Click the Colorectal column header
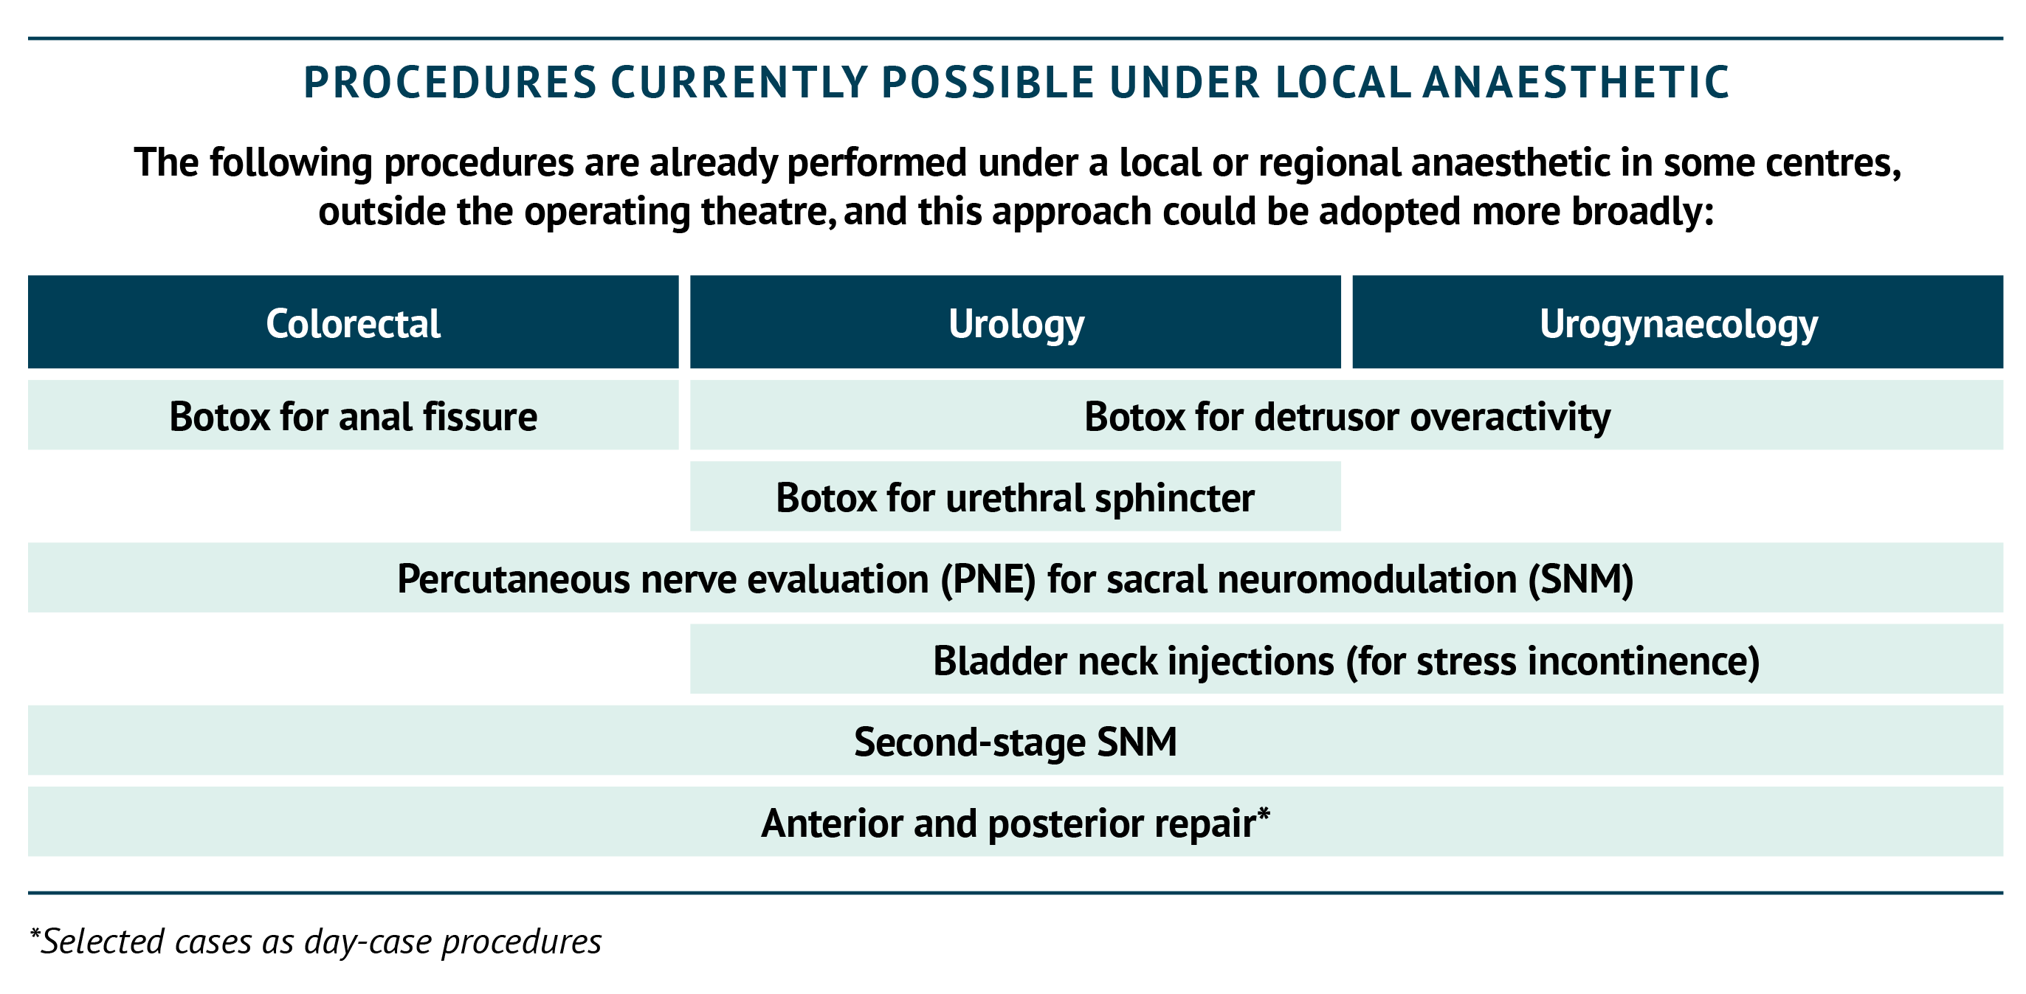(353, 322)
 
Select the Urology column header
(1016, 322)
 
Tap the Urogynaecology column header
(1678, 322)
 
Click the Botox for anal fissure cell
(353, 415)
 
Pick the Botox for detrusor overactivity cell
(1346, 415)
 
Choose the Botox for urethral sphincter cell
(1016, 496)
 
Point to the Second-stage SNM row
(1016, 740)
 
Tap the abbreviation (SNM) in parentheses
(1581, 579)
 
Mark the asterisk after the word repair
(1263, 813)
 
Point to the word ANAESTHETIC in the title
(1577, 83)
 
